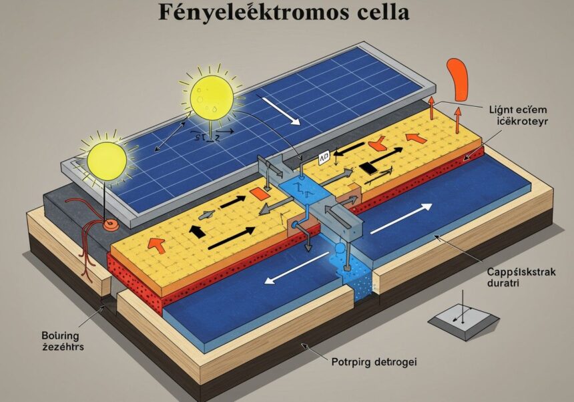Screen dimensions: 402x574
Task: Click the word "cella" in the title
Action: pos(378,13)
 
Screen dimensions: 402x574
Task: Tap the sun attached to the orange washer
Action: pos(106,160)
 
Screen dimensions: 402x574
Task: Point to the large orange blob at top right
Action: pos(459,77)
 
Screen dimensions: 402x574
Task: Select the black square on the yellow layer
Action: pos(368,170)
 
